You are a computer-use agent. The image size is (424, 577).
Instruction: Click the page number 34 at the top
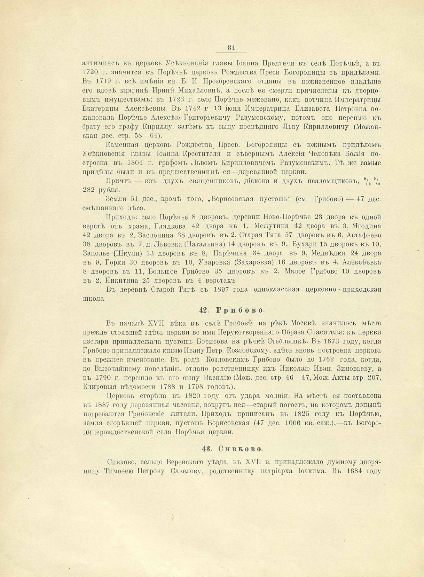pyautogui.click(x=231, y=48)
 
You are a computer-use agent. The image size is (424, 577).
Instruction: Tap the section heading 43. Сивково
pyautogui.click(x=230, y=449)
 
